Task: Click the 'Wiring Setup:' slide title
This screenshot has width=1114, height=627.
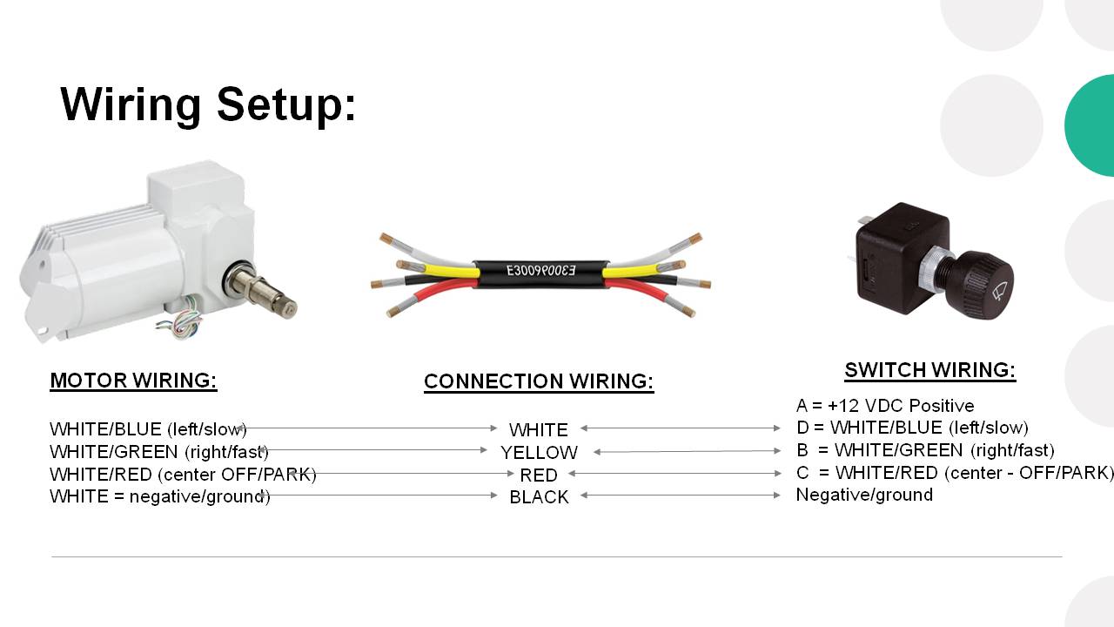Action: click(x=208, y=105)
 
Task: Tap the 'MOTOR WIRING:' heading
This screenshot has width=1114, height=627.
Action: click(x=133, y=381)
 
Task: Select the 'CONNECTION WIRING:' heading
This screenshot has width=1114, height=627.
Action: click(x=539, y=381)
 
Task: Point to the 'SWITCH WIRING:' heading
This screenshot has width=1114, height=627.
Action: click(x=930, y=370)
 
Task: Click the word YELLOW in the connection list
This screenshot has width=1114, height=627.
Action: click(x=539, y=453)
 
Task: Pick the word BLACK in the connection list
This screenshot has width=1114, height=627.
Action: click(x=539, y=497)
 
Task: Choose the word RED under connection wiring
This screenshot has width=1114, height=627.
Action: click(x=539, y=475)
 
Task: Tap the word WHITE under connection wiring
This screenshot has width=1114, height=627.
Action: click(x=539, y=430)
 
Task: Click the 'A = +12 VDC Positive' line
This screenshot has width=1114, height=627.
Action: click(x=885, y=406)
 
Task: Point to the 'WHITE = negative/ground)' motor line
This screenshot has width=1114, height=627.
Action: click(x=159, y=496)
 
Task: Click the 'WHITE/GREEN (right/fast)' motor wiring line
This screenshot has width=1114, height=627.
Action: click(x=159, y=452)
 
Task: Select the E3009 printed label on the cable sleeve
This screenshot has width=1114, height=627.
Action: click(x=540, y=271)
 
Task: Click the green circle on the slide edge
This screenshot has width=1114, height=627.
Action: click(x=1091, y=125)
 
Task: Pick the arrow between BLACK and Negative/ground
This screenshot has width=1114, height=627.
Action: click(x=681, y=496)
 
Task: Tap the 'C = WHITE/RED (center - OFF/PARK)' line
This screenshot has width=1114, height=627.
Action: click(x=955, y=473)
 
